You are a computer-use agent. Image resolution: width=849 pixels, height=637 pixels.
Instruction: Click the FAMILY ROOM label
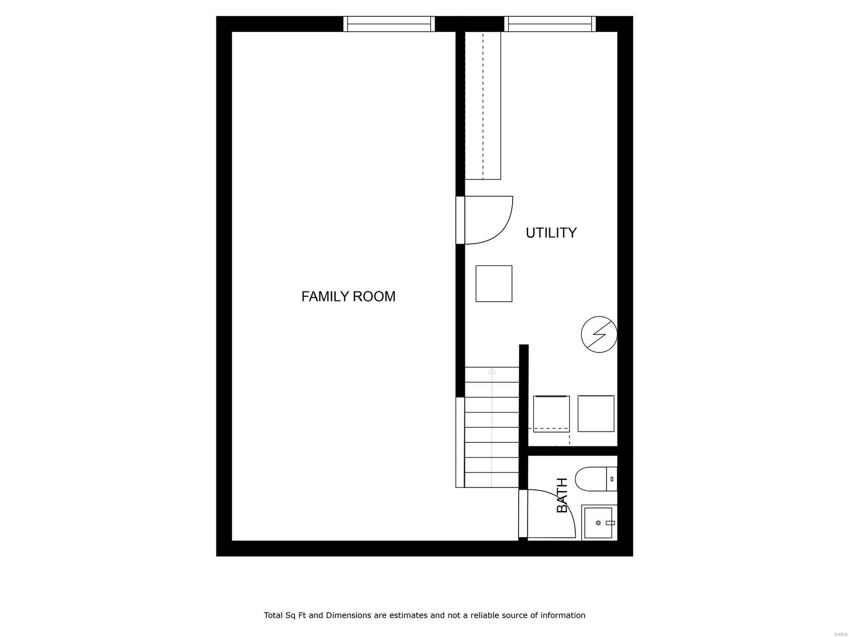click(x=348, y=296)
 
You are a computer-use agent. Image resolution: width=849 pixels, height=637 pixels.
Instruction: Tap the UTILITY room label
click(x=551, y=233)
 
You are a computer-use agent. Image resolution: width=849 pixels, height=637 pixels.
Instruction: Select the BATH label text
click(x=562, y=495)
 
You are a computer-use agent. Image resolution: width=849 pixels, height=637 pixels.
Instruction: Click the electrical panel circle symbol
click(x=599, y=335)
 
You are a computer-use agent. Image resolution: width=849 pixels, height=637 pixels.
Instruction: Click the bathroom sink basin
click(x=599, y=523)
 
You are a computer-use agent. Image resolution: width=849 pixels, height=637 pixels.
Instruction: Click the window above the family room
click(x=389, y=24)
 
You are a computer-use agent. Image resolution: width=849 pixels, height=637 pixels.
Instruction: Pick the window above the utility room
click(x=550, y=24)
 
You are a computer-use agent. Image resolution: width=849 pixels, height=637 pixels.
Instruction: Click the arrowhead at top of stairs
click(x=492, y=371)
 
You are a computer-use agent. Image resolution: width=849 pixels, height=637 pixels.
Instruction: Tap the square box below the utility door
click(x=493, y=283)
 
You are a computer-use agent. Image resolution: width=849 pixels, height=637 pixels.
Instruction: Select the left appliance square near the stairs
click(x=551, y=414)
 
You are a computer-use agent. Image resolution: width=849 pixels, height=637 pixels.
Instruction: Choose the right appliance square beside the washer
click(x=596, y=414)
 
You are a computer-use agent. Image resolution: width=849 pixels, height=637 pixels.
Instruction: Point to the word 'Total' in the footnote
click(x=274, y=615)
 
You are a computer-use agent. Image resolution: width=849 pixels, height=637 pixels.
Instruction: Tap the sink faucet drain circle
click(x=599, y=523)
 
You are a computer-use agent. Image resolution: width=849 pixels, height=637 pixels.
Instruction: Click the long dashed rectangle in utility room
click(x=483, y=105)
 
